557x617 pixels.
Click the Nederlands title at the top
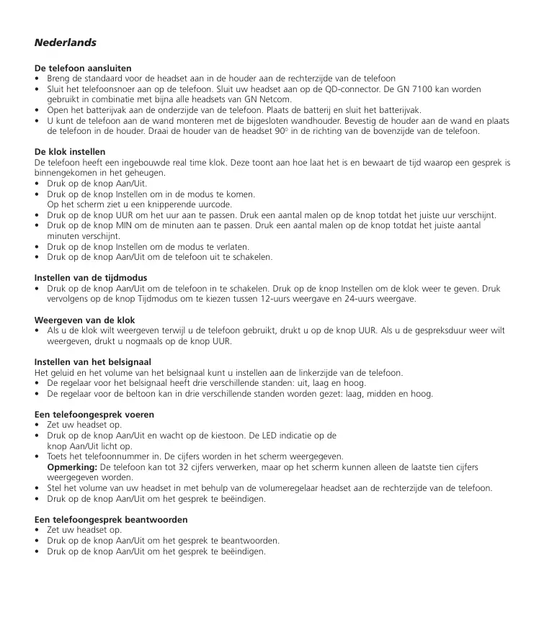coord(65,42)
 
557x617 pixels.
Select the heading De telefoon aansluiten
coord(83,68)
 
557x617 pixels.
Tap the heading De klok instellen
coord(70,152)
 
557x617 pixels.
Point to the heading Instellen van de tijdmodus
coord(91,277)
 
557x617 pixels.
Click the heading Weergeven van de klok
coord(85,320)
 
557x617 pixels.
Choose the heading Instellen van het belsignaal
coord(93,361)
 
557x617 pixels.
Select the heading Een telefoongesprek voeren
coord(94,415)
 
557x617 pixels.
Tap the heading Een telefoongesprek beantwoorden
coord(111,519)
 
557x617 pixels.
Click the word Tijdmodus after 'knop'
coord(137,298)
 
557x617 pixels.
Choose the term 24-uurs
coord(380,298)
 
